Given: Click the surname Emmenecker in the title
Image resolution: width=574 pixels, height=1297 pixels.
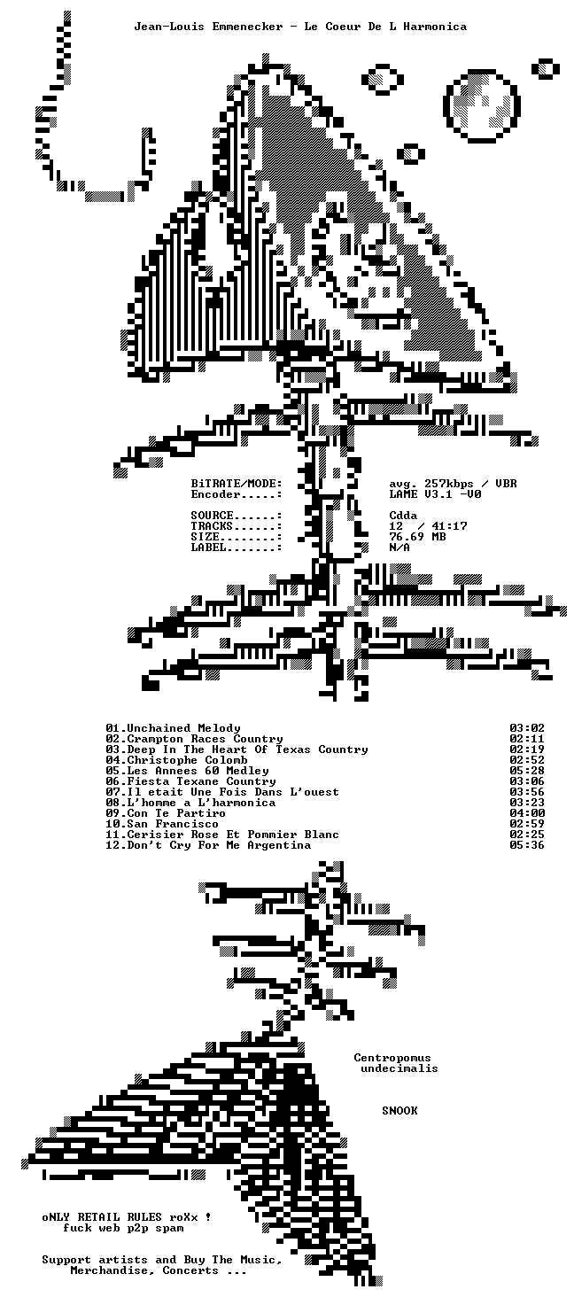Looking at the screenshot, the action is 247,27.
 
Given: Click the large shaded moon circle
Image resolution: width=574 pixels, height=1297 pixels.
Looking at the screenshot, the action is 482,106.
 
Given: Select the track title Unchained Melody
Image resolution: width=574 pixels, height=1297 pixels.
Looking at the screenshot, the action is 183,728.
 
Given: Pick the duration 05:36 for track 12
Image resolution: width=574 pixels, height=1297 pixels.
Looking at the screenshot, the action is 527,845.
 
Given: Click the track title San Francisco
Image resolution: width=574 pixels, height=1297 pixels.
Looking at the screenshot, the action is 173,824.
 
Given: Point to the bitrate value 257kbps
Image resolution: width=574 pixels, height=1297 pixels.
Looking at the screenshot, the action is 449,484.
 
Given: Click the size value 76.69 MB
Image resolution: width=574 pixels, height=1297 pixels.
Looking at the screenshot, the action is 417,537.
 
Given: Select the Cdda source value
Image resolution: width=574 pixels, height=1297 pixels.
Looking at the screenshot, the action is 403,516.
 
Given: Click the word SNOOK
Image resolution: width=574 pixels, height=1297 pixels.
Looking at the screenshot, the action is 399,1111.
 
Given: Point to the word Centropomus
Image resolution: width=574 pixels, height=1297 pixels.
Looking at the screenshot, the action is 392,1058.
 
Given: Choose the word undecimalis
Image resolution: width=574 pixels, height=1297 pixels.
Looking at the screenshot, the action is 399,1068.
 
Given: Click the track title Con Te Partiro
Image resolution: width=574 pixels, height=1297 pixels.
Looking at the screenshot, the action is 176,813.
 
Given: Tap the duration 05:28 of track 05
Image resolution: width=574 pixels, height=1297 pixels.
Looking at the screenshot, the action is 527,771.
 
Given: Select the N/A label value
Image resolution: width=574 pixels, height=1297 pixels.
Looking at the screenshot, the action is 399,548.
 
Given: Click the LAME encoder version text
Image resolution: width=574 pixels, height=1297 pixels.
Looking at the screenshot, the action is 435,493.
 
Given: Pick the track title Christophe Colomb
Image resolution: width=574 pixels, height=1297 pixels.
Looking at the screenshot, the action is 187,760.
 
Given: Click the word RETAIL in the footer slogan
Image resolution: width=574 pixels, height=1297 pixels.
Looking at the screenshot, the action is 98,1217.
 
